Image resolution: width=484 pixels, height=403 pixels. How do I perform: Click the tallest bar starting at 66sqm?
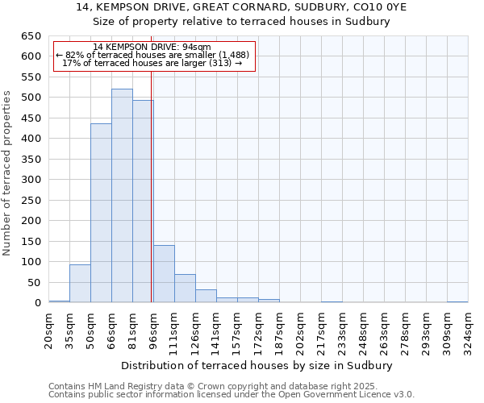[x=122, y=196]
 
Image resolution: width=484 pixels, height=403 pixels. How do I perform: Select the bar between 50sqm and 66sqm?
[x=101, y=214]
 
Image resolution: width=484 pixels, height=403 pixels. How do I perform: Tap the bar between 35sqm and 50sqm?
[x=80, y=284]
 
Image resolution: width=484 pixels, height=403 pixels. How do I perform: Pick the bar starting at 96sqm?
[x=164, y=274]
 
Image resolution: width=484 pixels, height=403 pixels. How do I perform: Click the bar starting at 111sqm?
[x=185, y=289]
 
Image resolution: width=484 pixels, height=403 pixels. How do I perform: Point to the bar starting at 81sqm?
[x=143, y=201]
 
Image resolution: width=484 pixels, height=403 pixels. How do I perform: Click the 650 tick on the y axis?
[x=31, y=36]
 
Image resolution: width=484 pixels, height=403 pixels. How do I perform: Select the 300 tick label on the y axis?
[x=31, y=180]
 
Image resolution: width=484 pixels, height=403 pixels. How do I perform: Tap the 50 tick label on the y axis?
[x=34, y=282]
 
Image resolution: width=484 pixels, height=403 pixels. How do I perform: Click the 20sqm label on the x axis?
[x=49, y=328]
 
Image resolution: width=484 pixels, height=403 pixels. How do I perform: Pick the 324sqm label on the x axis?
[x=469, y=328]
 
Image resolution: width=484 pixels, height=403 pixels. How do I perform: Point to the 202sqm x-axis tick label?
[x=301, y=328]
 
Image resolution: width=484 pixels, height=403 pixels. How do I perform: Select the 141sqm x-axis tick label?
[x=217, y=328]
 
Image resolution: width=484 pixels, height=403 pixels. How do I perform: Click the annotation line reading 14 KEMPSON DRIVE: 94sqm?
[x=152, y=47]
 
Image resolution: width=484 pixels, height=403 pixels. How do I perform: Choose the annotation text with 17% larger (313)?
[x=152, y=63]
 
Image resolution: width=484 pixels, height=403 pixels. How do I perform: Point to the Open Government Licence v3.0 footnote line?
[x=232, y=395]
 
